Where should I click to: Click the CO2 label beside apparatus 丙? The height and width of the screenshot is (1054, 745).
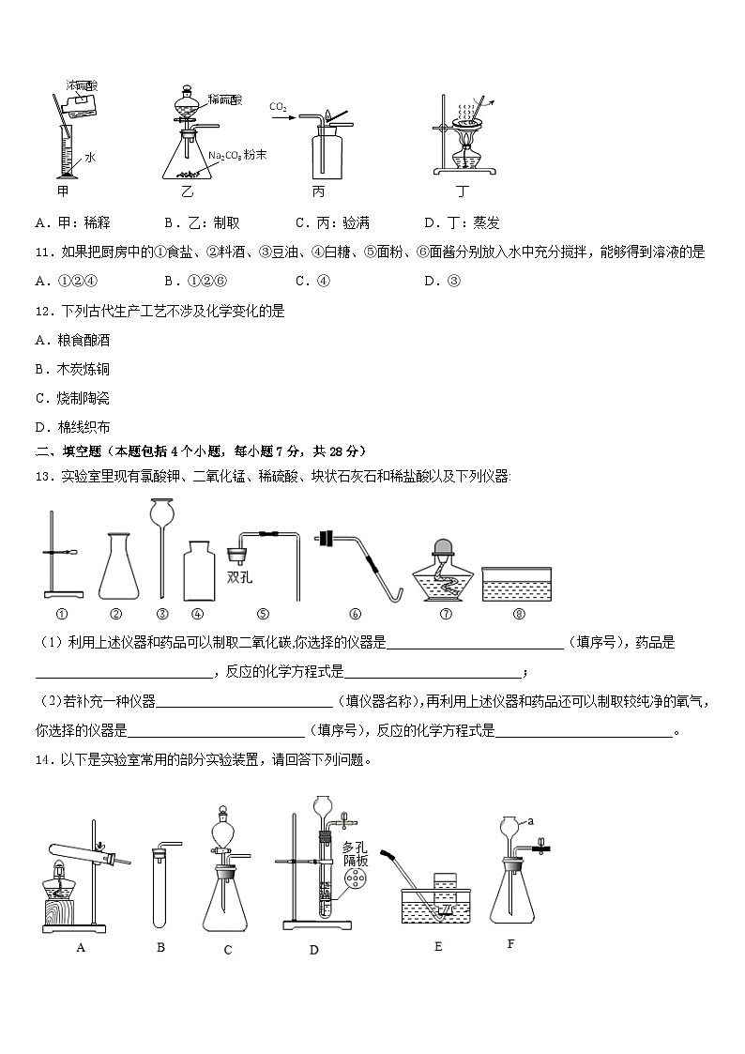[x=278, y=107]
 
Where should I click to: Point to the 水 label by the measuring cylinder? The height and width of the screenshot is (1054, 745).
[x=90, y=159]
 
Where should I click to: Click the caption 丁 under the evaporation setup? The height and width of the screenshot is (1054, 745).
[x=462, y=192]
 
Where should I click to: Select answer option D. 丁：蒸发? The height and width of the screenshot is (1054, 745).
[x=462, y=222]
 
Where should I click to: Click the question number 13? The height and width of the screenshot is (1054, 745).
[x=42, y=477]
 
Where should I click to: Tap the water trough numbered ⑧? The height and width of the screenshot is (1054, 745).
[x=516, y=583]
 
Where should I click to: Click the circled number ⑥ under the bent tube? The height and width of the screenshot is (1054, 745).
[x=355, y=615]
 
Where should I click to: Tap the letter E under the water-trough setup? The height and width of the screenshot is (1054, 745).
[x=438, y=946]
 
